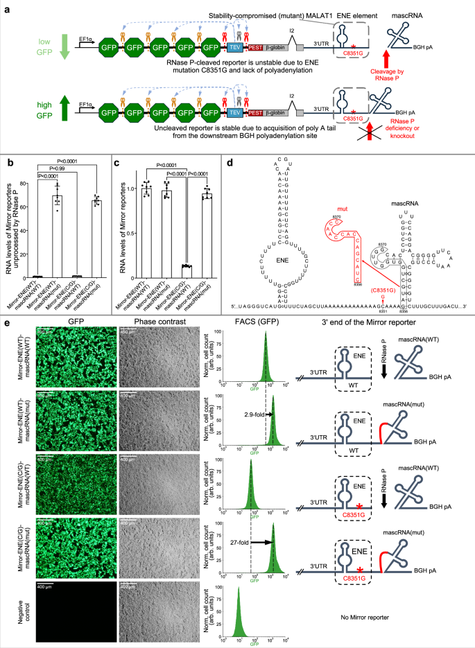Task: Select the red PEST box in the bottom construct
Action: [256, 112]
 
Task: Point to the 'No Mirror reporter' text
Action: [370, 615]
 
